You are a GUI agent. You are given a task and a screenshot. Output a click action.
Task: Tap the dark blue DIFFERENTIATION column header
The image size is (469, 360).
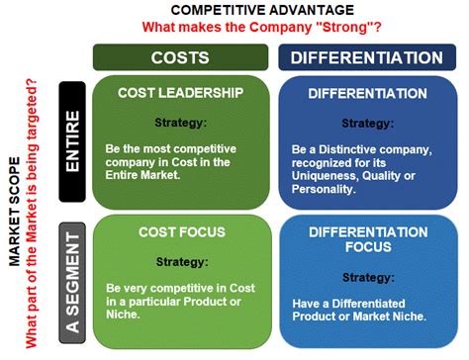click(x=367, y=57)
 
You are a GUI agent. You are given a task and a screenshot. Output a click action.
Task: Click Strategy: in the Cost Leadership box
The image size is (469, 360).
click(x=180, y=124)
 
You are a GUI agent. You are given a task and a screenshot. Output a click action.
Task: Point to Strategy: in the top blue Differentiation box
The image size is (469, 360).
click(x=367, y=124)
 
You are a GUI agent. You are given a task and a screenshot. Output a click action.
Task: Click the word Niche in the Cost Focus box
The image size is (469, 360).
click(x=124, y=315)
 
